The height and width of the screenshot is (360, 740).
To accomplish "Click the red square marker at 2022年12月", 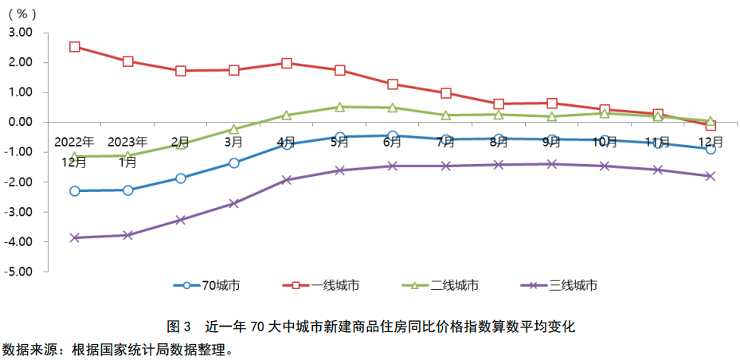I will click(x=75, y=47).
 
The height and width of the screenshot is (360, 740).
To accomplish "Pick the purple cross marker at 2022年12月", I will click(x=75, y=237).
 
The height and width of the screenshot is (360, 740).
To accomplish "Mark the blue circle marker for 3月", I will click(x=233, y=162).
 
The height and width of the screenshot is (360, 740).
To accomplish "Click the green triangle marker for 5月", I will click(x=340, y=107).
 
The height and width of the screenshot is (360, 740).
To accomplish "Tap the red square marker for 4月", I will click(x=287, y=63).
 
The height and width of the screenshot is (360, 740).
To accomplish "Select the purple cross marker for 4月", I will click(x=287, y=180).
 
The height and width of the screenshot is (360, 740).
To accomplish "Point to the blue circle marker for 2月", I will click(x=181, y=178).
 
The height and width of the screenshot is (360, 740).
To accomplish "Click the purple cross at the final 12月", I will click(x=711, y=176).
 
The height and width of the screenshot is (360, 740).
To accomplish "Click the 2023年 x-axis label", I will click(x=127, y=142).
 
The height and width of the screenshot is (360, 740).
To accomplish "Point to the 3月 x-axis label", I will click(x=233, y=143).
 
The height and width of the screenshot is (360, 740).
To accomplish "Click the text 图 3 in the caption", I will click(x=179, y=327).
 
